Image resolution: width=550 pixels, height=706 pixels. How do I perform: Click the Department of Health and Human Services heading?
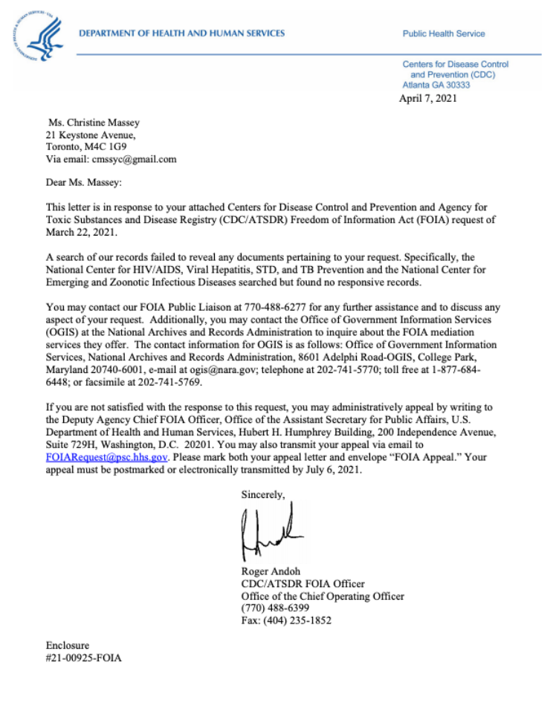182,33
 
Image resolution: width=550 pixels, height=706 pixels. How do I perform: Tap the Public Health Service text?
444,33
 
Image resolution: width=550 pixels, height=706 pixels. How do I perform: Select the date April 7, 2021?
428,98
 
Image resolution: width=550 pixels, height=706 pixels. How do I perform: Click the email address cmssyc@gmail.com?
134,159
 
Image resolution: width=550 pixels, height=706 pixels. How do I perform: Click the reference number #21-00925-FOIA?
83,658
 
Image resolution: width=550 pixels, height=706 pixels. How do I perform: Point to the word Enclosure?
67,645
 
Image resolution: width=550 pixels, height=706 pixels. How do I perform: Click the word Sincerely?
262,493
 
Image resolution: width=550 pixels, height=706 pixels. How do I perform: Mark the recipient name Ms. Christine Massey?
93,123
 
